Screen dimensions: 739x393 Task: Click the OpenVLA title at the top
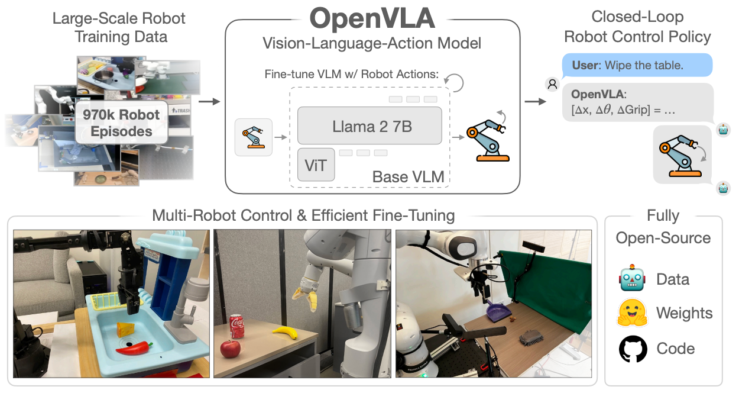(372, 18)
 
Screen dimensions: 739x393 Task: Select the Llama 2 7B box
(369, 125)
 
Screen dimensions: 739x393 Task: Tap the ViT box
(316, 165)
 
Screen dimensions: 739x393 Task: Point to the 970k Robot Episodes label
(121, 123)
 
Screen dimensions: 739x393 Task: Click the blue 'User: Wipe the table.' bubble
(637, 65)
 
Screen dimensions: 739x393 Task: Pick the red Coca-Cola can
(236, 326)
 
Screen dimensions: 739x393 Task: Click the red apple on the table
(230, 349)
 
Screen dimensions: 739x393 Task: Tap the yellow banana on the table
(285, 332)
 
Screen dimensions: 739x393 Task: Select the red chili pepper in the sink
(134, 348)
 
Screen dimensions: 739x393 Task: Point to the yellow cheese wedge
(125, 330)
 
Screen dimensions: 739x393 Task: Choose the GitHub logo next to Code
(633, 349)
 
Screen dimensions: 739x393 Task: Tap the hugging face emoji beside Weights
(632, 313)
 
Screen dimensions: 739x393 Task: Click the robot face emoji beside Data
(632, 278)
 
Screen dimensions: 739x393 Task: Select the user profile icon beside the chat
(552, 85)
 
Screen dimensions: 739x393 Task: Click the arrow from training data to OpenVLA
(209, 101)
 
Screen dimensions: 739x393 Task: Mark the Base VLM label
(408, 177)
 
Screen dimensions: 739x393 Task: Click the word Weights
(684, 313)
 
